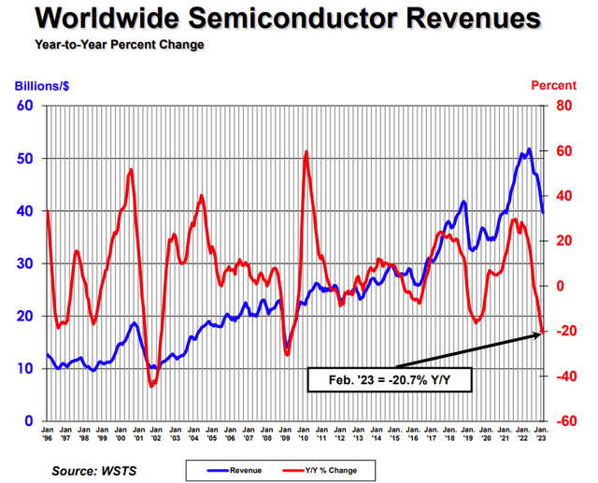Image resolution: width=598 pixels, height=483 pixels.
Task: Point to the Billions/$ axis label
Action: pyautogui.click(x=41, y=86)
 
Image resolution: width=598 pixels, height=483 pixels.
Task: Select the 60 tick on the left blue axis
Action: pyautogui.click(x=24, y=106)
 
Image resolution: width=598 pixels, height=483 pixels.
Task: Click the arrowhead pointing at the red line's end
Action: pyautogui.click(x=540, y=334)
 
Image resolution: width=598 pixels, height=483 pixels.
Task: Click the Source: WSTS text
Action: pyautogui.click(x=94, y=469)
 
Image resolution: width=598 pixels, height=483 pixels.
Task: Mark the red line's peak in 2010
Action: pyautogui.click(x=306, y=151)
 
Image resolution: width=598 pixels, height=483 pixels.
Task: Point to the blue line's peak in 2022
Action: pyautogui.click(x=529, y=149)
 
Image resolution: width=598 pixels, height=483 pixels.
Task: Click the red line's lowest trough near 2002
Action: pyautogui.click(x=151, y=384)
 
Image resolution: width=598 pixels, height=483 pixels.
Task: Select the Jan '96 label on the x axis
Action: pyautogui.click(x=48, y=435)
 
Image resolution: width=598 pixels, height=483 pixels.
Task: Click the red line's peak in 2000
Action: pyautogui.click(x=131, y=169)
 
